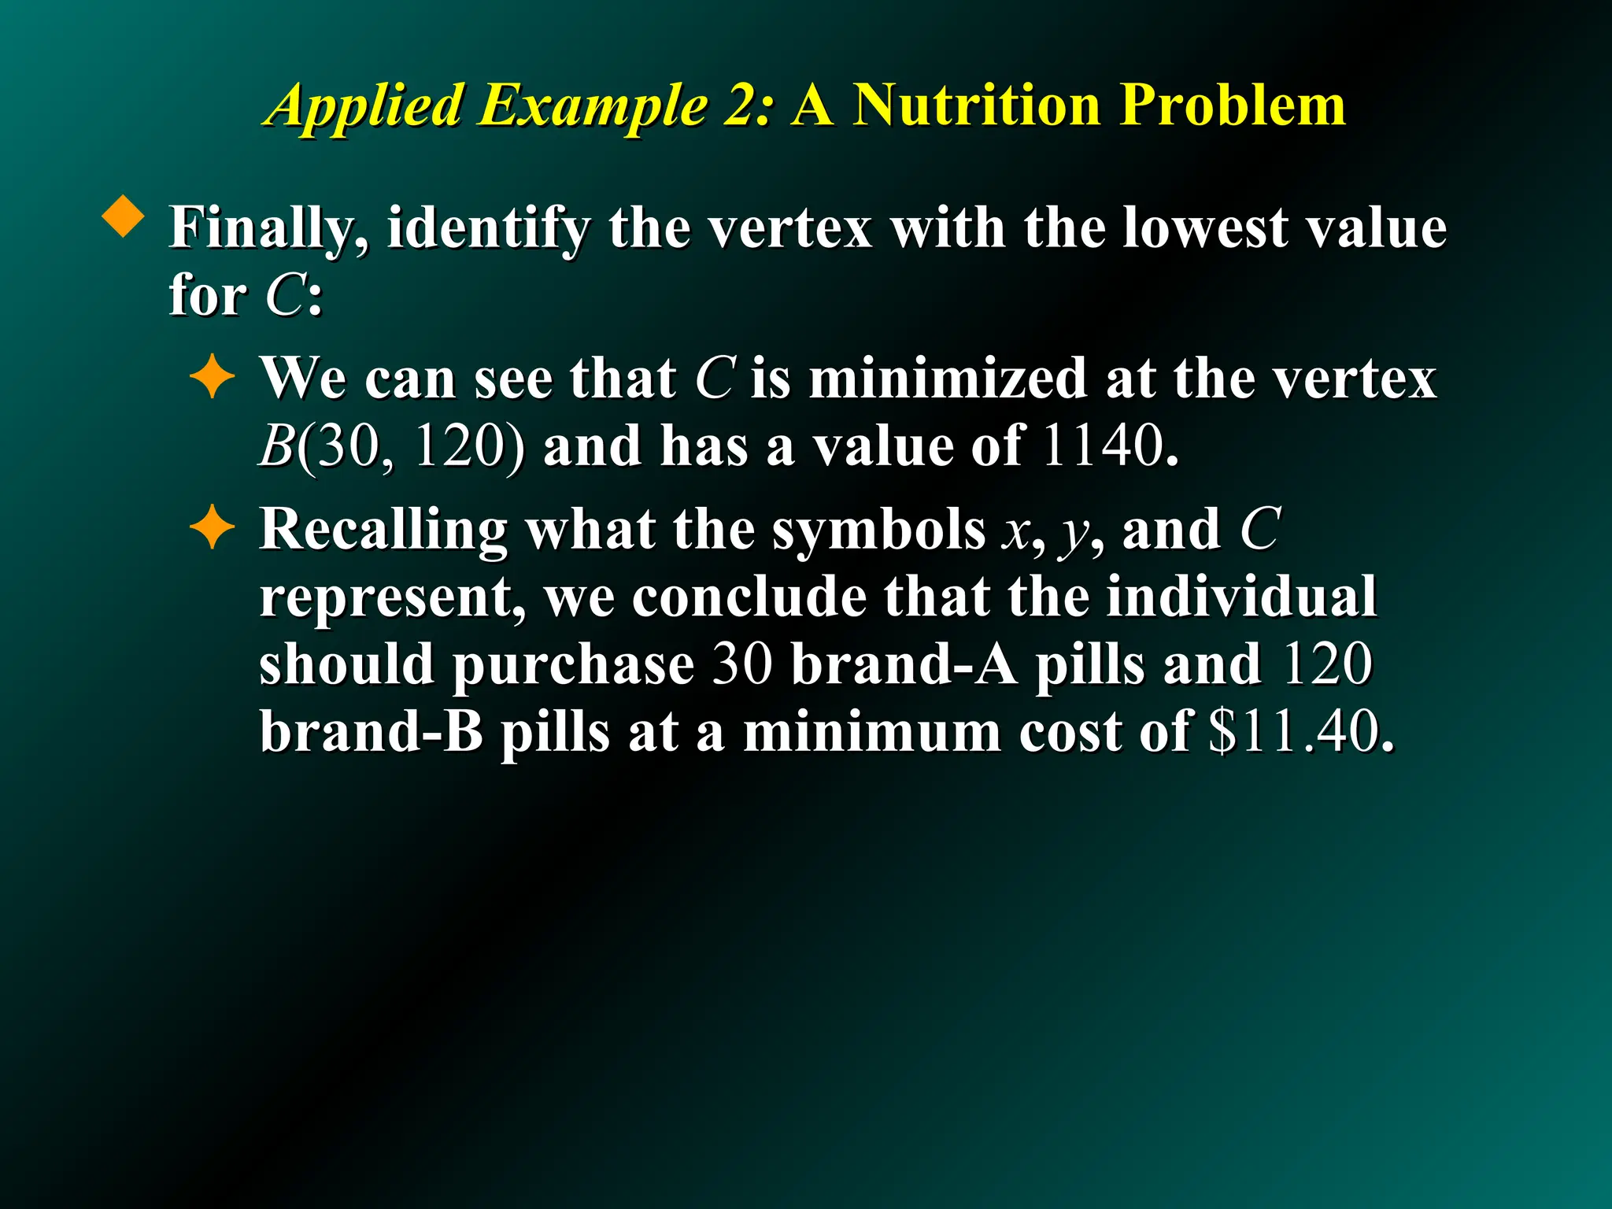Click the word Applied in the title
[x=364, y=106]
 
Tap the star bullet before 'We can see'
[x=213, y=379]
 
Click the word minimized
[x=948, y=379]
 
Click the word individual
[x=1241, y=597]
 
